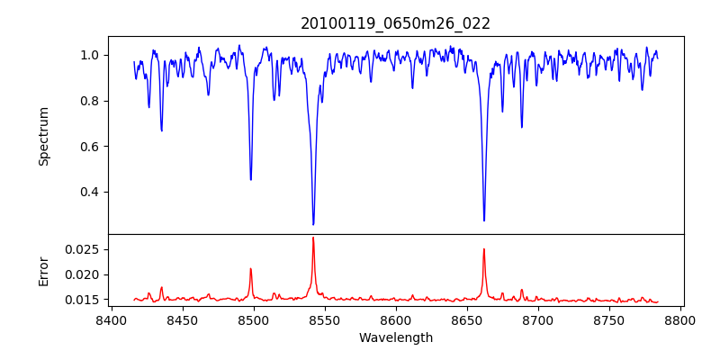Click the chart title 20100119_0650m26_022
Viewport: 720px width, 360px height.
coord(395,23)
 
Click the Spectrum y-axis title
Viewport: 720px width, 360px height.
coord(43,136)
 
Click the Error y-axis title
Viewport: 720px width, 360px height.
coord(43,271)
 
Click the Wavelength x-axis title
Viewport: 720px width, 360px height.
coord(395,338)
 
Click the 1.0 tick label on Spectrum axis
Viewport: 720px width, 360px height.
coord(90,55)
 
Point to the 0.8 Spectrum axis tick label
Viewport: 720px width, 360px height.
coord(90,101)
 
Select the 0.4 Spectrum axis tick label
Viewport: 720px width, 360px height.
coord(90,192)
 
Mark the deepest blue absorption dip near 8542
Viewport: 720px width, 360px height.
coord(313,224)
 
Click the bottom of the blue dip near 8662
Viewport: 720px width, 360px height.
coord(484,220)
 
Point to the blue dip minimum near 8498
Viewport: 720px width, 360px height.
coord(251,179)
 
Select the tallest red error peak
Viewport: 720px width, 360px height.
coord(313,238)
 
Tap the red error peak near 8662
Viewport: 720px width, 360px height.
coord(484,249)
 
